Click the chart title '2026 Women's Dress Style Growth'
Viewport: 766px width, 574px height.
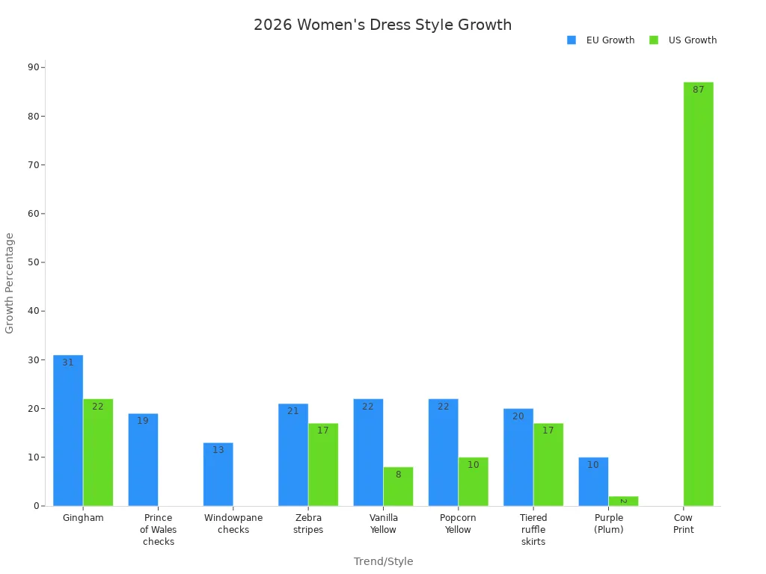pyautogui.click(x=382, y=25)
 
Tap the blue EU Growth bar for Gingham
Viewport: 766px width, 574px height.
pyautogui.click(x=68, y=430)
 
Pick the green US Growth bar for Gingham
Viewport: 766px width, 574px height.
pyautogui.click(x=98, y=452)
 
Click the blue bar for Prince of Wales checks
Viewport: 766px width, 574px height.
pyautogui.click(x=143, y=460)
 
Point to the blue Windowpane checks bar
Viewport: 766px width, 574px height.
pyautogui.click(x=218, y=475)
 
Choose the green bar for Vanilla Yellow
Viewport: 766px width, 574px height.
pyautogui.click(x=398, y=487)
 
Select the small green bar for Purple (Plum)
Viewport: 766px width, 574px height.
pyautogui.click(x=623, y=501)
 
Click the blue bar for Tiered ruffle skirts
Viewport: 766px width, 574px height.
pyautogui.click(x=518, y=457)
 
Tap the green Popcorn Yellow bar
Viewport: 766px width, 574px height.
pyautogui.click(x=473, y=481)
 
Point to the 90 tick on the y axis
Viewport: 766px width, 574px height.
pyautogui.click(x=34, y=67)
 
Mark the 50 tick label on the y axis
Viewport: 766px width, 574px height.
pyautogui.click(x=34, y=262)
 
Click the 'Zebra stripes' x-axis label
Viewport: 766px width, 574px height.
pyautogui.click(x=308, y=524)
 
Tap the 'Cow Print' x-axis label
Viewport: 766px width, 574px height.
pyautogui.click(x=683, y=524)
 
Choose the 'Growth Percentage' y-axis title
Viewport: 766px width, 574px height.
pyautogui.click(x=10, y=283)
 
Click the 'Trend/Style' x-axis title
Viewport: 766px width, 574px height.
pyautogui.click(x=383, y=561)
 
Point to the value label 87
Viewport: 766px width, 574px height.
pyautogui.click(x=698, y=90)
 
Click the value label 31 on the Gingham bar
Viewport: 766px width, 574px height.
pyautogui.click(x=68, y=362)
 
